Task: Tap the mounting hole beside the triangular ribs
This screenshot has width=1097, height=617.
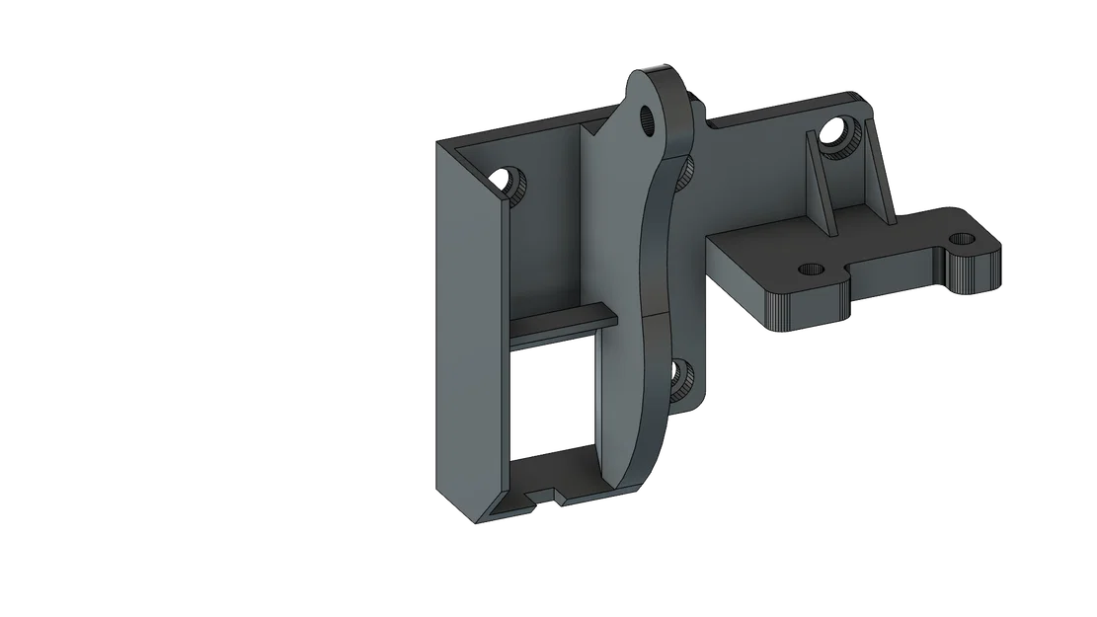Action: point(838,131)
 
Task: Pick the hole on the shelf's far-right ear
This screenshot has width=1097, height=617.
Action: point(961,239)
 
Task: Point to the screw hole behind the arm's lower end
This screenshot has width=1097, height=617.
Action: point(682,377)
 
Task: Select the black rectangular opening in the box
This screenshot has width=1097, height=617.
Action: point(553,395)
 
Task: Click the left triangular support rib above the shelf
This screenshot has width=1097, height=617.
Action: point(819,188)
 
